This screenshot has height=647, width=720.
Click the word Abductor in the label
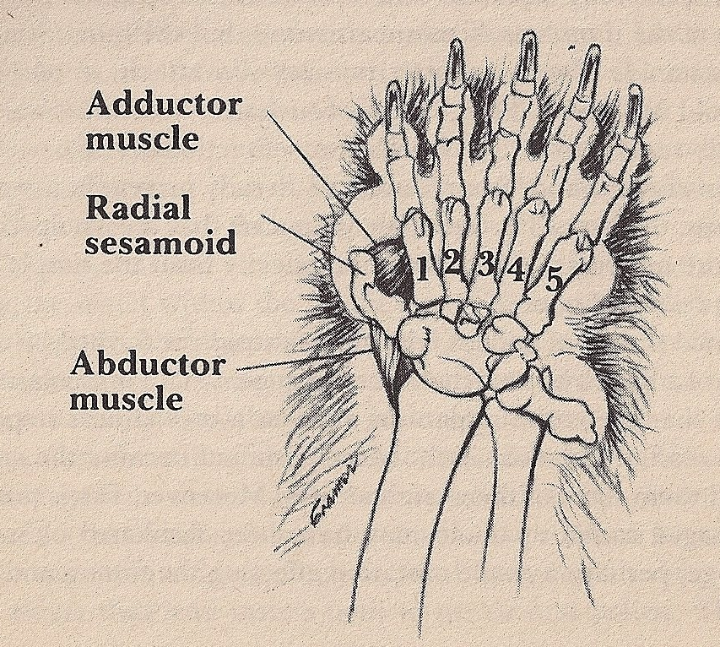[x=149, y=365]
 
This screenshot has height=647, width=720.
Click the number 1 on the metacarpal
[x=421, y=271]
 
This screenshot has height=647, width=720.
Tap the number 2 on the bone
[x=452, y=264]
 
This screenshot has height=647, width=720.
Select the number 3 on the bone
[x=485, y=264]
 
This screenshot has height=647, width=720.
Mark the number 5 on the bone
[x=553, y=280]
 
